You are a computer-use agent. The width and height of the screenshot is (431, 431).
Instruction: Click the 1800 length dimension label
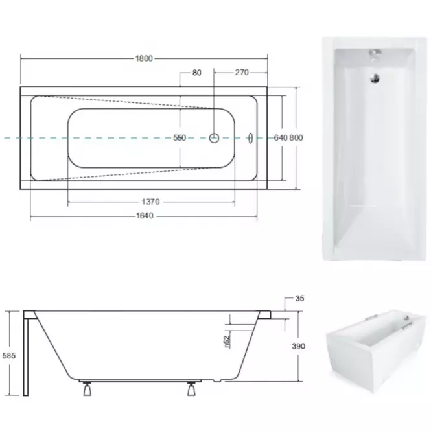coord(144,58)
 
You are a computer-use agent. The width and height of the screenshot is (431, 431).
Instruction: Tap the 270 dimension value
coord(242,73)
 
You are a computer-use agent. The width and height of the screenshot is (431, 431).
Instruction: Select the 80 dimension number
coord(197,73)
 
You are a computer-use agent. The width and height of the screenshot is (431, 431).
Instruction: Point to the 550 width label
coord(180,137)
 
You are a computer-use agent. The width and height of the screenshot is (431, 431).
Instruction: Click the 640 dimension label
coord(281,137)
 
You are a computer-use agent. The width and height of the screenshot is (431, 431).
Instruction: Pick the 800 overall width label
coord(296,137)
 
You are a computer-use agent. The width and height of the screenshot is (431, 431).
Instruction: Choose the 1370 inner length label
coord(150,202)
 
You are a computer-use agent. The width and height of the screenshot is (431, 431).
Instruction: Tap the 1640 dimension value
coord(145,216)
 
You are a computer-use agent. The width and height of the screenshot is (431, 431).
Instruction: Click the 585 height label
coord(9,356)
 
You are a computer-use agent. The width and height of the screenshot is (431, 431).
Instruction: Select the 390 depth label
coord(299,346)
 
